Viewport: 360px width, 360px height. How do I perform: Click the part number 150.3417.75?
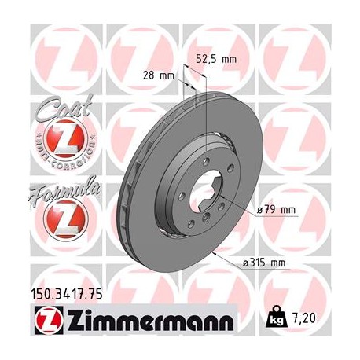click(70, 295)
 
